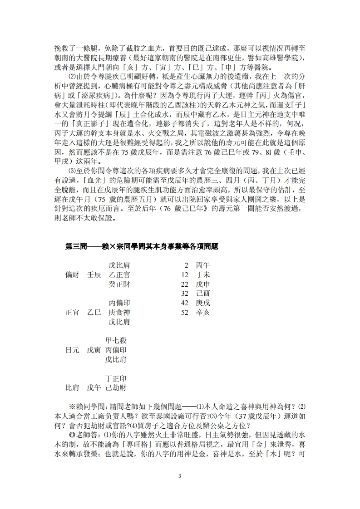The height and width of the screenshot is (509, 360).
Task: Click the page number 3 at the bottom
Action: click(180, 475)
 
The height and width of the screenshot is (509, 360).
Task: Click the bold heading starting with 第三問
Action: click(142, 246)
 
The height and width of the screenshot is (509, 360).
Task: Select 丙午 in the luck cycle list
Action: click(203, 265)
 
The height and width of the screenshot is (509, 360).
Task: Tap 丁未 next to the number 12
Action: click(203, 274)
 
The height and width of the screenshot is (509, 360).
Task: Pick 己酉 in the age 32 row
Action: click(203, 293)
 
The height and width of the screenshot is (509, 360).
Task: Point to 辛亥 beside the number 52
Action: click(203, 312)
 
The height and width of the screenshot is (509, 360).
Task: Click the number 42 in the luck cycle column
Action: click(184, 303)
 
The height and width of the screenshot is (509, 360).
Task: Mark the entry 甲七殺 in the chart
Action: click(116, 340)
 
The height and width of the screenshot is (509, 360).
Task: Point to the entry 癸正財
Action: click(119, 284)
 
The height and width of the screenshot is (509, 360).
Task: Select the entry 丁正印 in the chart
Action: click(116, 378)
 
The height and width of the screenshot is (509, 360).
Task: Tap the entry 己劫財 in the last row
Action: click(116, 387)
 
